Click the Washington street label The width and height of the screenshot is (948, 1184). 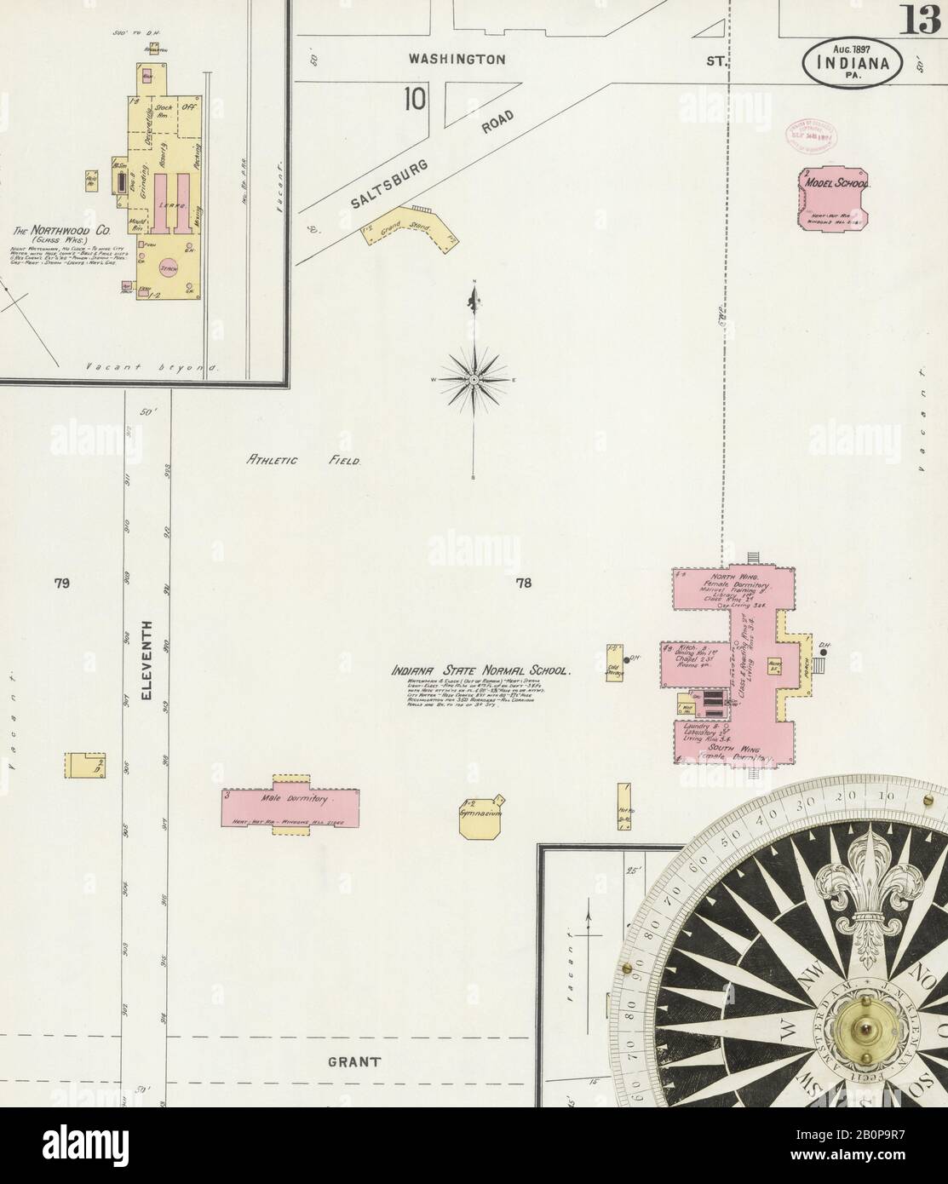pos(457,60)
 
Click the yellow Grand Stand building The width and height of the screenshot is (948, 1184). pos(408,229)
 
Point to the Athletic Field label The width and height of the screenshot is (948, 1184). pos(303,461)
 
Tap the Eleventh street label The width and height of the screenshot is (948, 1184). pos(147,660)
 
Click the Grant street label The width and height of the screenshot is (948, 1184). pos(352,1062)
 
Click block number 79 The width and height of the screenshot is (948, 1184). pos(60,583)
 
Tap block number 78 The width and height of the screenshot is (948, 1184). pos(523,583)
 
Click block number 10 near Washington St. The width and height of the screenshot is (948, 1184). pos(415,99)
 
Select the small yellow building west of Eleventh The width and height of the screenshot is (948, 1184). pos(84,764)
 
